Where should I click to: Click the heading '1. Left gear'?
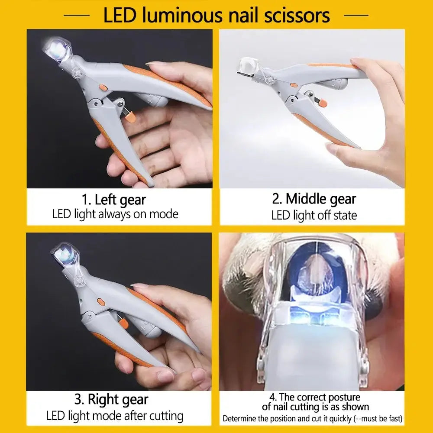tap(114, 200)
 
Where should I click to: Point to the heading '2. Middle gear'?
tap(314, 199)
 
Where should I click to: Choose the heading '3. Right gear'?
tap(111, 399)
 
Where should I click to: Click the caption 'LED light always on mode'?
tap(115, 214)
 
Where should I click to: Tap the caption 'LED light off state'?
tap(314, 215)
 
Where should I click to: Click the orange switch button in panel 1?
tap(103, 87)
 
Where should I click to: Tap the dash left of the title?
tap(76, 16)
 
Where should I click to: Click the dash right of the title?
tap(355, 16)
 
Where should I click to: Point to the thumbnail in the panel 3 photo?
tap(140, 287)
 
